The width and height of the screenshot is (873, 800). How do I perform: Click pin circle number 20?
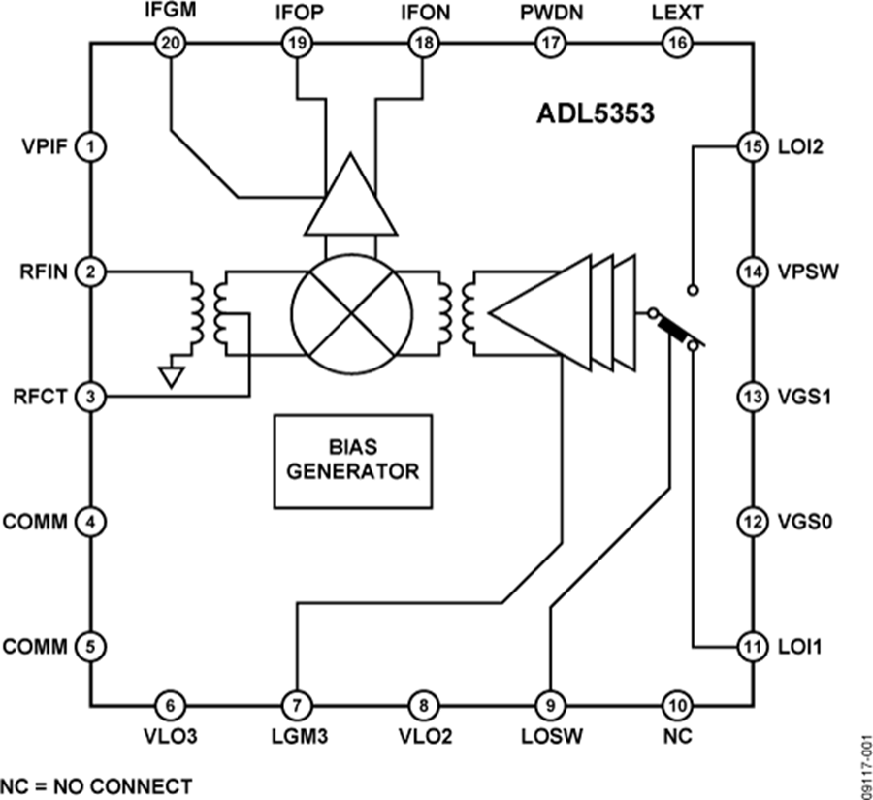tap(172, 43)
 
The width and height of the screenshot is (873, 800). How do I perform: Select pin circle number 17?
tap(550, 43)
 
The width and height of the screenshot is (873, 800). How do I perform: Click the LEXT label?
tap(676, 13)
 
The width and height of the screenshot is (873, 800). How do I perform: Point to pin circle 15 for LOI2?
tap(752, 148)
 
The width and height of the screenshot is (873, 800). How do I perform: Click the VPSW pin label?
tap(801, 272)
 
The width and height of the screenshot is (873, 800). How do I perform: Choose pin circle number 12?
tap(752, 521)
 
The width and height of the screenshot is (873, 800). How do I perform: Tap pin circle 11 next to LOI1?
tap(752, 645)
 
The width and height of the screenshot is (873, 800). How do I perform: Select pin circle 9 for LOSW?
tap(550, 705)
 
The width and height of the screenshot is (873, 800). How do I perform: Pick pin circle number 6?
tap(172, 705)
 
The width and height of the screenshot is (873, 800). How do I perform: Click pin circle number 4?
tap(90, 522)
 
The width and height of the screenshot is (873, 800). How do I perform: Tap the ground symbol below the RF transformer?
tap(173, 374)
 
